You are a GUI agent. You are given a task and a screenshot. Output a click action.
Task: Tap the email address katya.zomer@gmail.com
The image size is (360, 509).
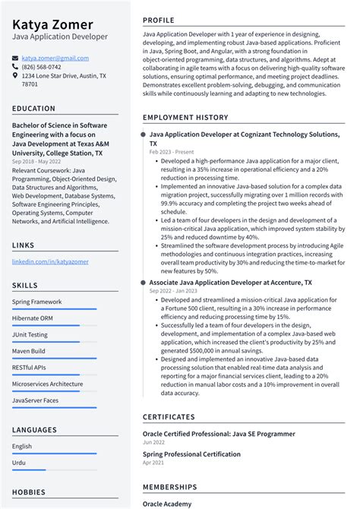point(55,58)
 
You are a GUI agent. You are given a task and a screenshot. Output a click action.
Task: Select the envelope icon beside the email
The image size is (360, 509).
point(15,58)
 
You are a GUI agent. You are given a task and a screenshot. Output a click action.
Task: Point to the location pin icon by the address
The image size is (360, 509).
point(15,76)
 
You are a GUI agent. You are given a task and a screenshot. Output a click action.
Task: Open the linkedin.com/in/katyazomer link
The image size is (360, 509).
point(50,261)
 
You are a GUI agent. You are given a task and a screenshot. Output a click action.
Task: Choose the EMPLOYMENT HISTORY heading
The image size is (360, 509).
point(185,118)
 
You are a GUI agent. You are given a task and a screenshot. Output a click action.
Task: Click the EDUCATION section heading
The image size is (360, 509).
point(33,109)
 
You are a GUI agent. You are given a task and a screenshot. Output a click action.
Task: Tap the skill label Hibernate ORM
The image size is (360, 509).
point(33,318)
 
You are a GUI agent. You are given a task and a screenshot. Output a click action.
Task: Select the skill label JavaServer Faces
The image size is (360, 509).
point(35,400)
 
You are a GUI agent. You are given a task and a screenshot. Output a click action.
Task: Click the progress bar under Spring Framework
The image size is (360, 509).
point(54,309)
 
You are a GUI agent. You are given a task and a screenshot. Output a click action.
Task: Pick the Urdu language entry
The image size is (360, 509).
point(19,463)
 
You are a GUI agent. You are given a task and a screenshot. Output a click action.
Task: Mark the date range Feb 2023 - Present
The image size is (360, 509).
point(171,152)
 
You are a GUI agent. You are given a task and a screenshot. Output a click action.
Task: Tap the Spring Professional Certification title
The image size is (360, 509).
point(191,454)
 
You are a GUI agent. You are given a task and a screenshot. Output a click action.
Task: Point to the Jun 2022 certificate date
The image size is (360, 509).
point(155,442)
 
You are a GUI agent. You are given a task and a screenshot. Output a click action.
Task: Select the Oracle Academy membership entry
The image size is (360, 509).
point(167,504)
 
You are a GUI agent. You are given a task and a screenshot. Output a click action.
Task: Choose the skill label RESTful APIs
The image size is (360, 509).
point(30,367)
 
